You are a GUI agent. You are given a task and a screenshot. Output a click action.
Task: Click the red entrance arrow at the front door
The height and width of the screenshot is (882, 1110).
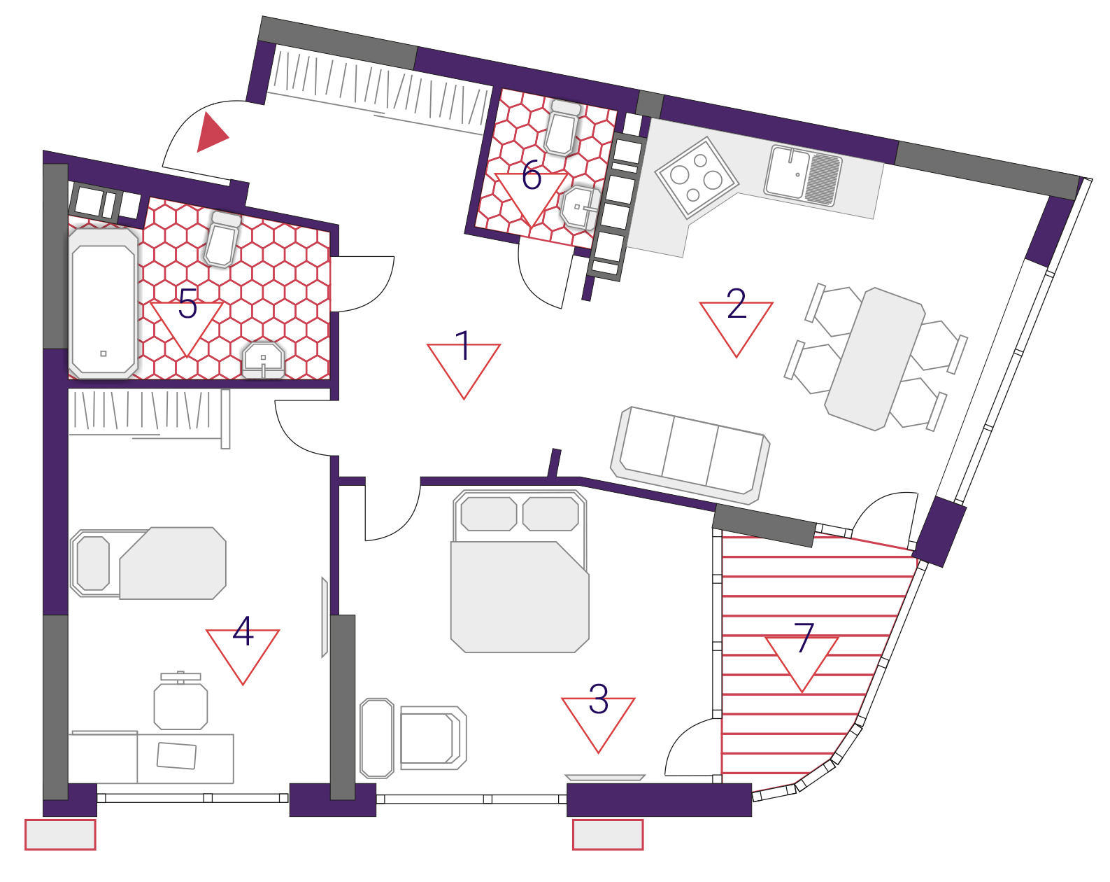[x=211, y=133]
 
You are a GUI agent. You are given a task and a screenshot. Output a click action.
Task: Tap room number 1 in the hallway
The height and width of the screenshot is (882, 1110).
[x=463, y=346]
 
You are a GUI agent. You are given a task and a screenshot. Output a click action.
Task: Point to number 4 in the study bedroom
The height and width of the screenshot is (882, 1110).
[x=243, y=631]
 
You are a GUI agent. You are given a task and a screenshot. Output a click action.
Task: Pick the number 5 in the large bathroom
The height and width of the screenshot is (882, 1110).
[x=187, y=303]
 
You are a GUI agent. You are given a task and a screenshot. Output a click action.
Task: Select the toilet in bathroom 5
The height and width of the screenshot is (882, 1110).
[x=222, y=239]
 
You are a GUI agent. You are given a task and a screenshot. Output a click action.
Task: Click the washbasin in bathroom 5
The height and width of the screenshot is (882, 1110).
[x=264, y=359]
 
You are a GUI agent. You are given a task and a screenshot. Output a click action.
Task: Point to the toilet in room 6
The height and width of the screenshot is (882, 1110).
[x=563, y=127]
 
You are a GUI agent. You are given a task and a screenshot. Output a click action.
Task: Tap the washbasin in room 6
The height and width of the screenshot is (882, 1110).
[x=581, y=209]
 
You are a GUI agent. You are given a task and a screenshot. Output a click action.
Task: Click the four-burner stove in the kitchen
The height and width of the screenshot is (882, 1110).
[x=697, y=178]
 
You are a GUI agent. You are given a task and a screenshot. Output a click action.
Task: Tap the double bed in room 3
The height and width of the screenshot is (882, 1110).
[x=520, y=571]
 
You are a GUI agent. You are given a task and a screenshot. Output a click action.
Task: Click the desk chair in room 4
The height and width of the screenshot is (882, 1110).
[x=180, y=701]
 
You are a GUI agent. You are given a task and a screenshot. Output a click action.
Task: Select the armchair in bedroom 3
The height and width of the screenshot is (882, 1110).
[x=433, y=738]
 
